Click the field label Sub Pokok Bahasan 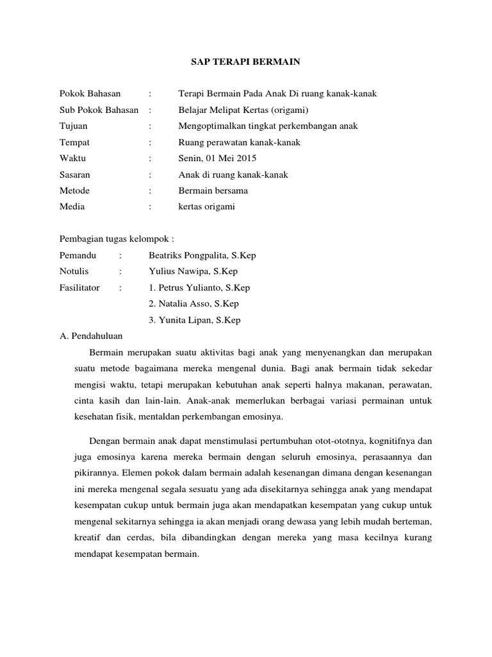coord(99,110)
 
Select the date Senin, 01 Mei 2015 coord(217,158)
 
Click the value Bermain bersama coord(213,191)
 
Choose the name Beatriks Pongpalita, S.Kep coord(202,255)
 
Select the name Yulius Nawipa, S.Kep coord(193,271)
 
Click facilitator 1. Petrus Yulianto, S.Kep coord(199,287)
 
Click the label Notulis coord(74,271)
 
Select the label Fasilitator coord(79,287)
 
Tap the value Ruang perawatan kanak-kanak coord(239,142)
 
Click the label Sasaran coord(75,174)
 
